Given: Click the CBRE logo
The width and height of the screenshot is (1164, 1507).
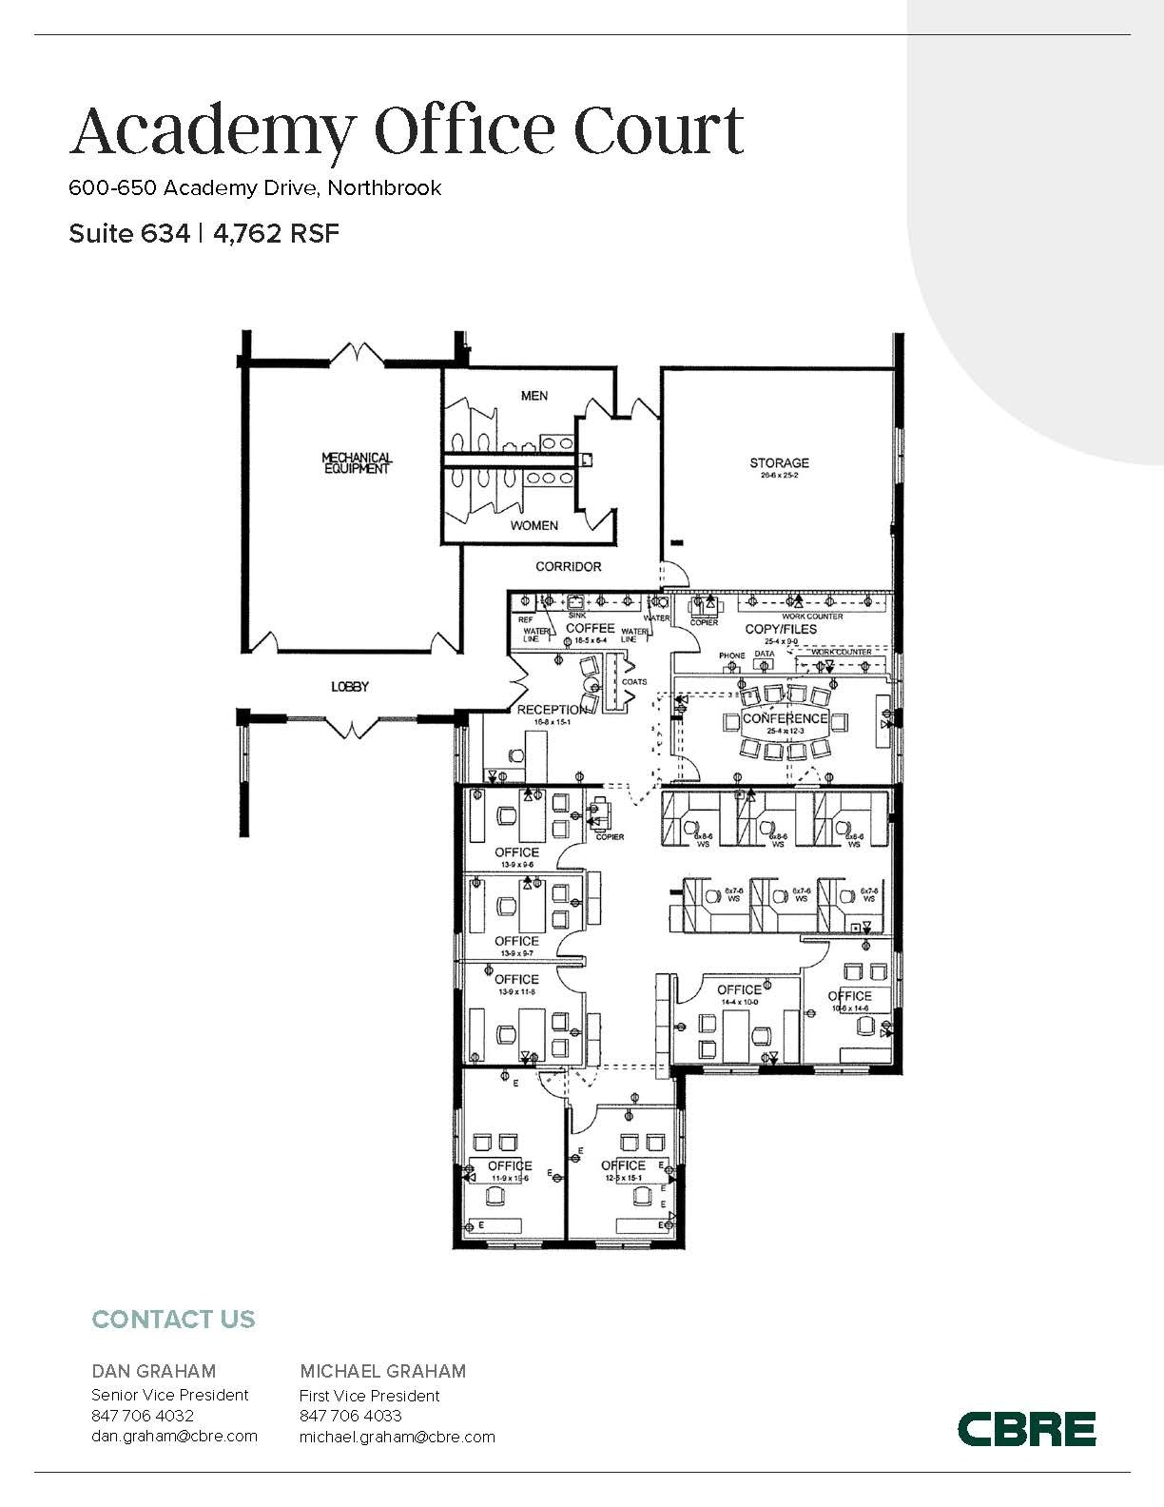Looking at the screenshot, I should tap(1026, 1429).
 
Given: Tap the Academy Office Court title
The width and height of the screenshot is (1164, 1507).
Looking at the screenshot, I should tap(406, 131).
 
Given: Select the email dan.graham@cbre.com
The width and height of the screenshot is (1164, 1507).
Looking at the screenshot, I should tap(174, 1437).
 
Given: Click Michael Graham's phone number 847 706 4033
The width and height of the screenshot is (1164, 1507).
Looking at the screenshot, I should tap(351, 1416).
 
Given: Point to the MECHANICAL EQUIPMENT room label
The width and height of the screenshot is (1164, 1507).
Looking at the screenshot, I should tap(357, 463).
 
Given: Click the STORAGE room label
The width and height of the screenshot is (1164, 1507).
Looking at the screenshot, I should tap(779, 463).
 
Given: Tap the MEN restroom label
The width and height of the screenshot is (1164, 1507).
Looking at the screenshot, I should tap(533, 396).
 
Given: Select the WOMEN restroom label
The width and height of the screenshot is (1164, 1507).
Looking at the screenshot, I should tap(533, 525).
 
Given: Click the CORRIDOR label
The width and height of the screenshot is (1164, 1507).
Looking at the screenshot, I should tap(568, 567).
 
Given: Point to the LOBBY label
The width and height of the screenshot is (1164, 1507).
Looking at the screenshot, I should tap(349, 687).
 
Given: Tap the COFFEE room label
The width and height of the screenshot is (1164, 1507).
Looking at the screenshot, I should tap(590, 629).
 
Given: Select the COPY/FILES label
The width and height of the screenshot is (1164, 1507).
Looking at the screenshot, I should tap(780, 630).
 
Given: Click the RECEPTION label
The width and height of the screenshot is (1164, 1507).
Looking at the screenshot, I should tap(552, 710).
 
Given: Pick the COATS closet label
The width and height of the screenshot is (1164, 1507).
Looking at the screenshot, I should tap(633, 682).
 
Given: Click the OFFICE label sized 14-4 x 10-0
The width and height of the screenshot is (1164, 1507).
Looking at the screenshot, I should tap(739, 990).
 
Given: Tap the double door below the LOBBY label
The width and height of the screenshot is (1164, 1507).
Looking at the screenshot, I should tap(351, 726).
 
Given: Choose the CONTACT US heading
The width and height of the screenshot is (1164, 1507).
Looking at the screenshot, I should tap(173, 1320).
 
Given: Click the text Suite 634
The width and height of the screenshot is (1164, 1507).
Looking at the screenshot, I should tap(128, 234).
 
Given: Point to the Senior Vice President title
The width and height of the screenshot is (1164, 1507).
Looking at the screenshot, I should tap(169, 1395).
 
